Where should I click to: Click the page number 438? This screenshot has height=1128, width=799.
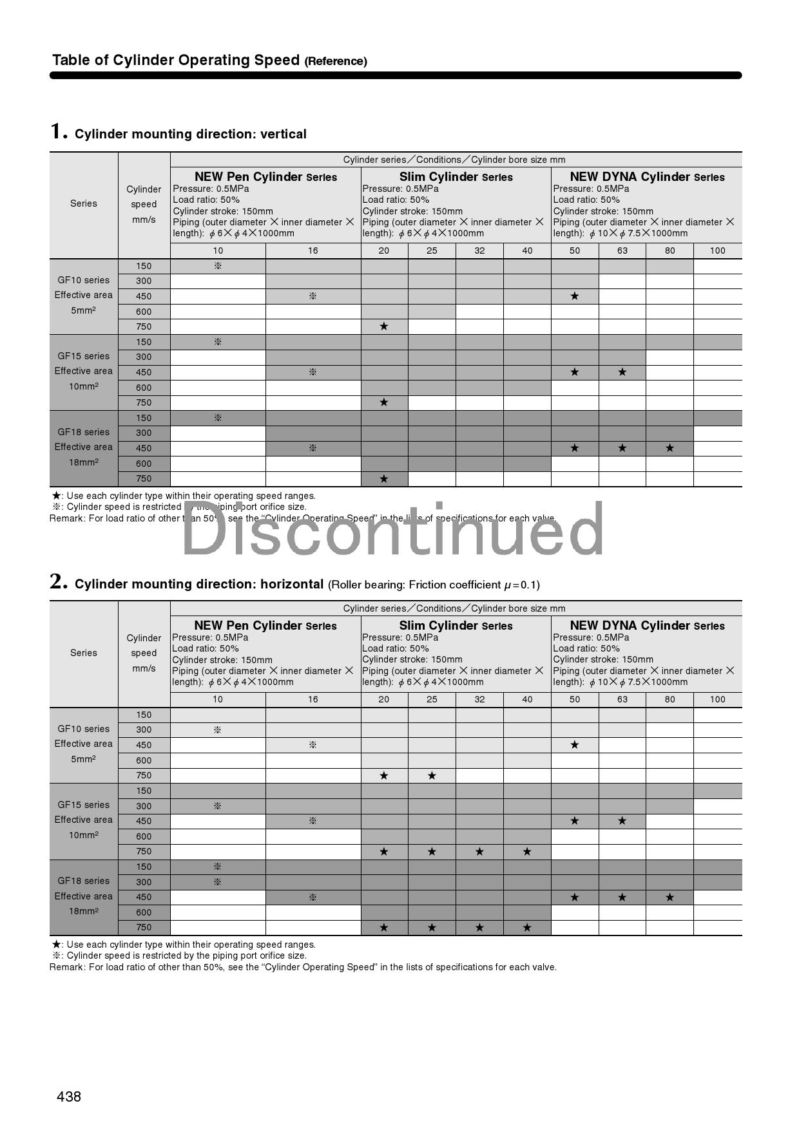69,1096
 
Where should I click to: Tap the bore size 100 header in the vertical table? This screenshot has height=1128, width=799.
717,250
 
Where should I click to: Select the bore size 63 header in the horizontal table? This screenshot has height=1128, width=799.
622,699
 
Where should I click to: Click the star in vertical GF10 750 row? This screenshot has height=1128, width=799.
384,326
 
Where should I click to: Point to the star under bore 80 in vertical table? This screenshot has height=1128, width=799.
669,448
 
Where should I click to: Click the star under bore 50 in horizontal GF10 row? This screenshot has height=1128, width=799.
574,745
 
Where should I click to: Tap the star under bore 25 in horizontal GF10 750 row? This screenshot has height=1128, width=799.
432,776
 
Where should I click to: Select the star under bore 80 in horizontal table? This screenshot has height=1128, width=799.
669,897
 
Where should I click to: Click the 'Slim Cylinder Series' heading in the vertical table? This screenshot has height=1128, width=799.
456,177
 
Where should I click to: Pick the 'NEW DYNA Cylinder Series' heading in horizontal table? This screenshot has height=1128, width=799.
647,626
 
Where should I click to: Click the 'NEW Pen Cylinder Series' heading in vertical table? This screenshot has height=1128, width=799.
265,177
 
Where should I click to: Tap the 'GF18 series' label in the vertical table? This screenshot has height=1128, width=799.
84,432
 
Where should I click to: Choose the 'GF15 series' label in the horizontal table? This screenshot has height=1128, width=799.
84,805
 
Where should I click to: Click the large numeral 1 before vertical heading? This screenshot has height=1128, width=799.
59,131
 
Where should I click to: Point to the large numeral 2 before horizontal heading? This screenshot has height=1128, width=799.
59,581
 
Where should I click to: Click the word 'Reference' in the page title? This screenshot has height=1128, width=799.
336,61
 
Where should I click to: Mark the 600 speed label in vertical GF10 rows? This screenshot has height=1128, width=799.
144,312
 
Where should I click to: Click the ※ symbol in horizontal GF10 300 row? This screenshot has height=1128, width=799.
218,730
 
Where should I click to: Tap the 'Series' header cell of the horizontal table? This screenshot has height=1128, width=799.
84,653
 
